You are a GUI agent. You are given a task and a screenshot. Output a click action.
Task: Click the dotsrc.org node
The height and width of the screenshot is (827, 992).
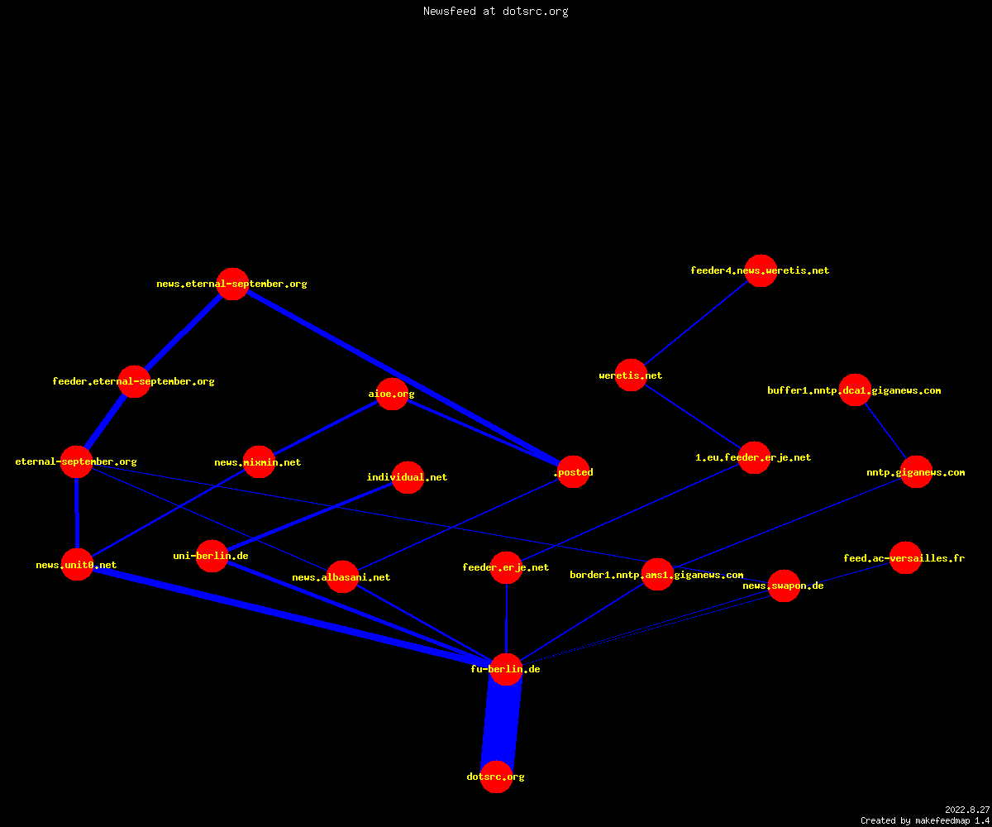coord(497,777)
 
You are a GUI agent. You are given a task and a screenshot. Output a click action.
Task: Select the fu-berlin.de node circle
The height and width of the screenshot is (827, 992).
coord(506,669)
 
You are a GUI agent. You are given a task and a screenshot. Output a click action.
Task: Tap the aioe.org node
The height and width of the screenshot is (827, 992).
coord(392,394)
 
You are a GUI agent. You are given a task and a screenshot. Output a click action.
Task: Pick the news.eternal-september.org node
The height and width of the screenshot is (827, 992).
coord(233,284)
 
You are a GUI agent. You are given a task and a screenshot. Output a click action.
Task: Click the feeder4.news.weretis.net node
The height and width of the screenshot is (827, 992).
coord(761,270)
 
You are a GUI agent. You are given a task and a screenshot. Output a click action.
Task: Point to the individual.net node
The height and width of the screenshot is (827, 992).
coord(408,477)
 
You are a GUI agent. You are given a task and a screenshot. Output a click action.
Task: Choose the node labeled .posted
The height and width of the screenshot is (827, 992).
coord(574,472)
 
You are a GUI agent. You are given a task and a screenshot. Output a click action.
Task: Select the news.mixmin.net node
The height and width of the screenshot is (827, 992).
coord(259,462)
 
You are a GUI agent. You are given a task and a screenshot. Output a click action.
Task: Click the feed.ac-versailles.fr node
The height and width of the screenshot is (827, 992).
coord(905,558)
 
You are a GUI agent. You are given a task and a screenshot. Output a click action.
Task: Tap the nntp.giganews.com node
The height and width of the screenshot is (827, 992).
coord(917,472)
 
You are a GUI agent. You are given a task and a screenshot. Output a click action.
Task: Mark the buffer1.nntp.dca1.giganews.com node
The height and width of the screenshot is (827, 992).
coord(855,390)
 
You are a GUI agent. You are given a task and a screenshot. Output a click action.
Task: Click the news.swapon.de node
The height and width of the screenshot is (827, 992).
coord(784,586)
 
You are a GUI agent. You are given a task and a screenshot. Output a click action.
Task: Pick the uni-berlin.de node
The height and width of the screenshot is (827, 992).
coord(212,556)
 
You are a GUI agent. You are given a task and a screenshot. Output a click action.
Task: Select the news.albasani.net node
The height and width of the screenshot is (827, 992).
coord(342,577)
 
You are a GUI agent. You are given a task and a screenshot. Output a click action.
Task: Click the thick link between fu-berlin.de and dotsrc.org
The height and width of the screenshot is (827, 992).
coord(501,723)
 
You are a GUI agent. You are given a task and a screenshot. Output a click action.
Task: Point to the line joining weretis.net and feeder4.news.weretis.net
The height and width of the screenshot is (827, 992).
coord(696,323)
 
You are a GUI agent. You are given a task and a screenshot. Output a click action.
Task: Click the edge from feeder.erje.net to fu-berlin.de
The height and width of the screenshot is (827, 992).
coord(507,619)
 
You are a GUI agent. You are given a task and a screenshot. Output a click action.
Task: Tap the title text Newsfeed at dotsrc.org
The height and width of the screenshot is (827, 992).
coord(495,11)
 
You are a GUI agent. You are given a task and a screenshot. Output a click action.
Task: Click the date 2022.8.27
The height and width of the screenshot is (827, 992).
coord(967,810)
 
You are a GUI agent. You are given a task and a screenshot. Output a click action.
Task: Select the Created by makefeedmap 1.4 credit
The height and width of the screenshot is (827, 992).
coord(925,820)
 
